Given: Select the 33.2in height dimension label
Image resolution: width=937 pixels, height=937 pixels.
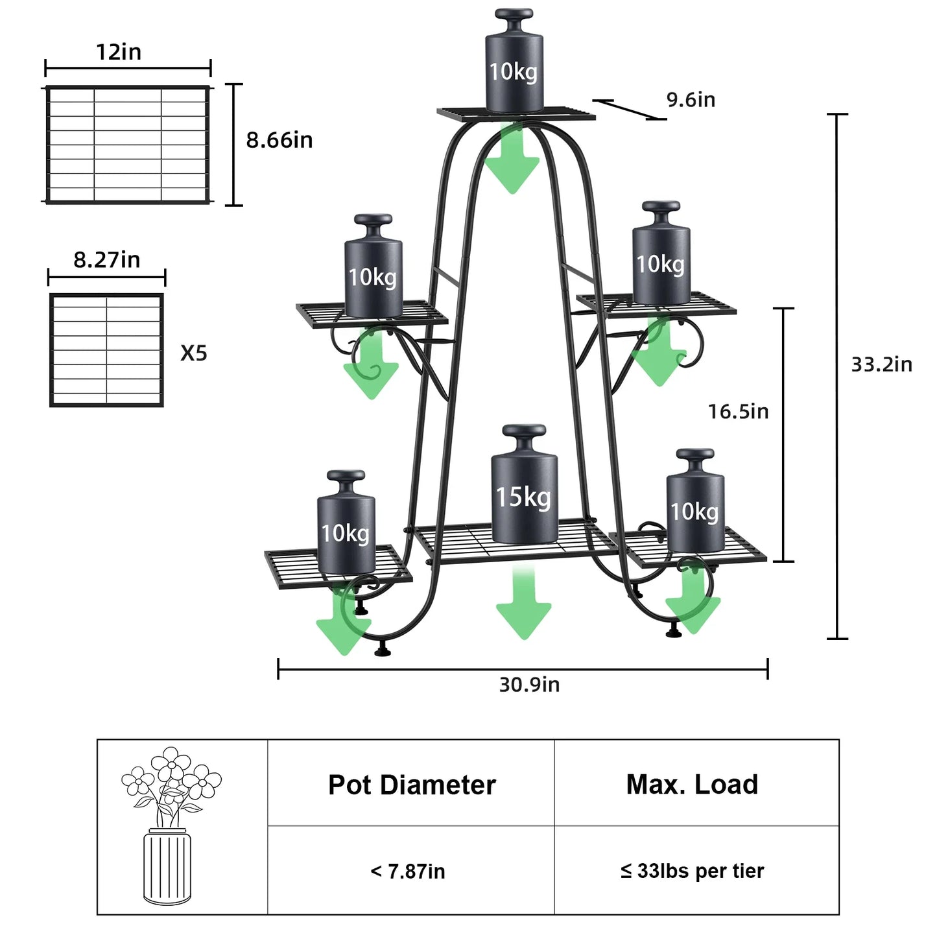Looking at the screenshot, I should (x=881, y=364).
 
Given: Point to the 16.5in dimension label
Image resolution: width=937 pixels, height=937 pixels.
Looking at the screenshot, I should (x=738, y=411).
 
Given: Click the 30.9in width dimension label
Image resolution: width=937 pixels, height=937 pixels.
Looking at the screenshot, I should (x=529, y=685).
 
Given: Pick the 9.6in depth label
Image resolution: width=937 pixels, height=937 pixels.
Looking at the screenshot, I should (x=691, y=100).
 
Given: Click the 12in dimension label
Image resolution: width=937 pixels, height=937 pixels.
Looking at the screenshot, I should (x=119, y=52).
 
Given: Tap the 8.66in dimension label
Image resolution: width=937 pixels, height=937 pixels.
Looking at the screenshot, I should (x=279, y=140).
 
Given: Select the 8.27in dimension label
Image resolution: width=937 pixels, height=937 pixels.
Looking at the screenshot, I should (x=106, y=260).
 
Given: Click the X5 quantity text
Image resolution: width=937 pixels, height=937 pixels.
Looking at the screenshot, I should (x=193, y=353).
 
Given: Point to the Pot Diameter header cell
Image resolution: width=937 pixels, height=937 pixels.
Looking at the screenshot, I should (x=411, y=785).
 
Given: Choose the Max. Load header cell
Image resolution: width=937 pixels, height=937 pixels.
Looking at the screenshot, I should (x=692, y=785).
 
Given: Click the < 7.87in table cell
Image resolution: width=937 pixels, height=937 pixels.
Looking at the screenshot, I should (x=408, y=871).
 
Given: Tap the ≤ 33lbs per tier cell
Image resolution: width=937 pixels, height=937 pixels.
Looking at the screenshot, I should (x=692, y=871).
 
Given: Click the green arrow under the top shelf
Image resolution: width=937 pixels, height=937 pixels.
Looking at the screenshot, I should (x=512, y=162).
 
